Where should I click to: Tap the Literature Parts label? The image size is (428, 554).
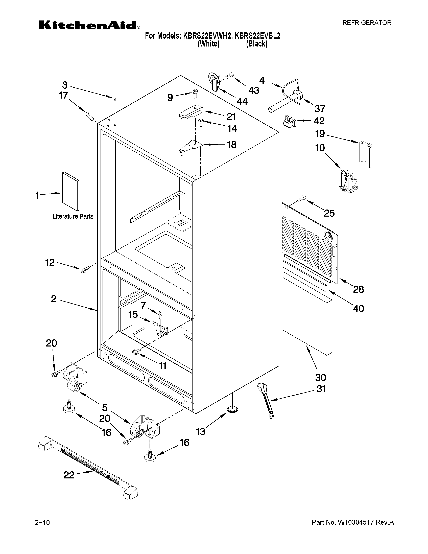tap(73, 216)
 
